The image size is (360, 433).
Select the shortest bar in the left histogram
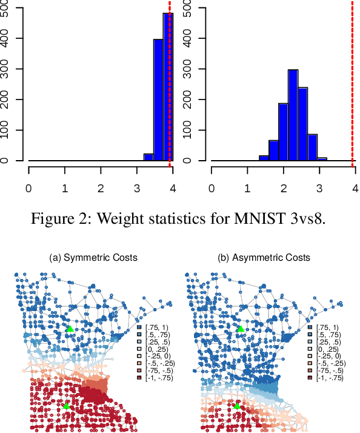tap(148, 157)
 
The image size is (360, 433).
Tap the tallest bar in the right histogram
tap(293, 115)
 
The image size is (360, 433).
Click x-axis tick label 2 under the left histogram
tap(101, 188)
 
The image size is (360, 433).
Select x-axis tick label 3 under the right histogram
tap(319, 188)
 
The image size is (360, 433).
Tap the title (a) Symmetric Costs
tap(93, 258)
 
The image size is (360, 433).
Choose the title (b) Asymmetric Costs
tap(264, 258)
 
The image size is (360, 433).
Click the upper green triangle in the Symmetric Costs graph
tap(70, 329)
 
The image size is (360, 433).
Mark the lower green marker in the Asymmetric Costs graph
tap(238, 404)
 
